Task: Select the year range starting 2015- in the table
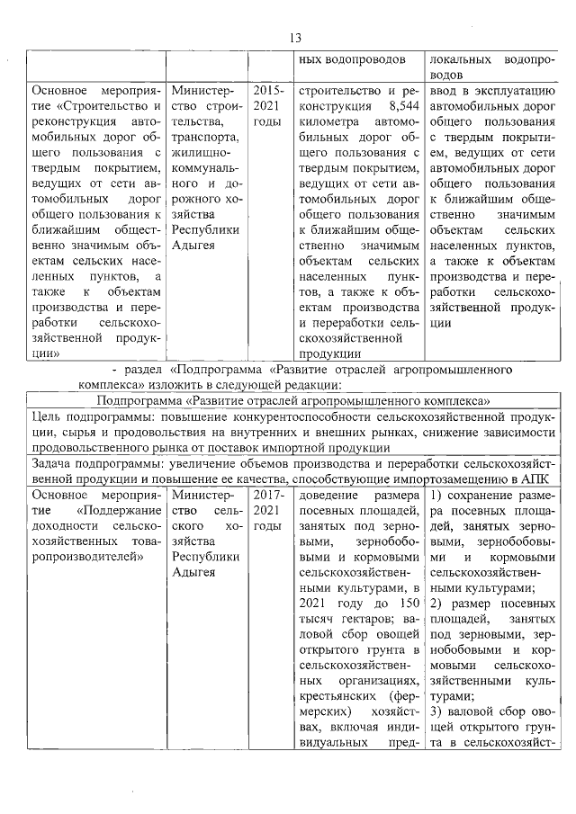[x=268, y=91]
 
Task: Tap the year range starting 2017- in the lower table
[x=268, y=495]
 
